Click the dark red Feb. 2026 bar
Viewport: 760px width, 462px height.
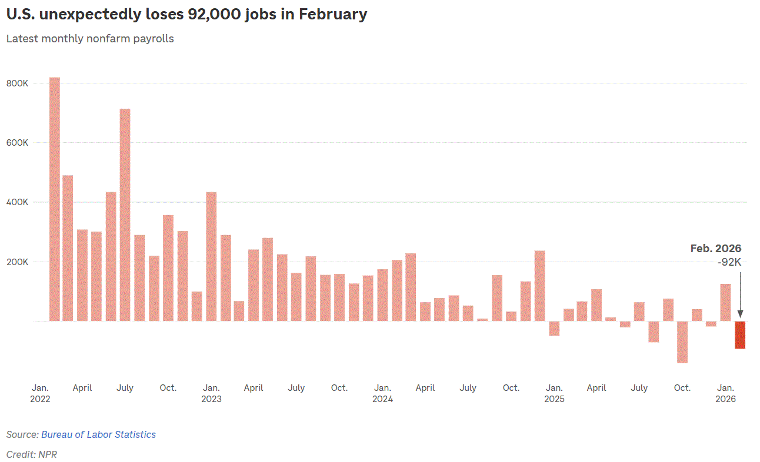[x=739, y=334]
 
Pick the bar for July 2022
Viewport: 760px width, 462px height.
[x=125, y=215]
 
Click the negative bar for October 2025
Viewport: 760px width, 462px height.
[x=682, y=342]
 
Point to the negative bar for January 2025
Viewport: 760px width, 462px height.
[x=554, y=328]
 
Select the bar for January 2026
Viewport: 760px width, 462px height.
[x=725, y=302]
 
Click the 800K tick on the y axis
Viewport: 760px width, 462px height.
[x=18, y=83]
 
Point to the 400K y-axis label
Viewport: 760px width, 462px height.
[x=18, y=202]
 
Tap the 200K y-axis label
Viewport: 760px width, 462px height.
[x=18, y=262]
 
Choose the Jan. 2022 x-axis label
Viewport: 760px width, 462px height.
[x=40, y=393]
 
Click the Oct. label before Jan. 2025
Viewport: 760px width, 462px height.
[x=511, y=388]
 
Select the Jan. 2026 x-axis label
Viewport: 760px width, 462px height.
[x=725, y=393]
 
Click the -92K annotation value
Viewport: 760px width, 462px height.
[x=729, y=262]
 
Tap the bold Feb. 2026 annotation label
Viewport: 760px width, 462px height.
[x=716, y=249]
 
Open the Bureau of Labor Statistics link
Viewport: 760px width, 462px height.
[x=98, y=434]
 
